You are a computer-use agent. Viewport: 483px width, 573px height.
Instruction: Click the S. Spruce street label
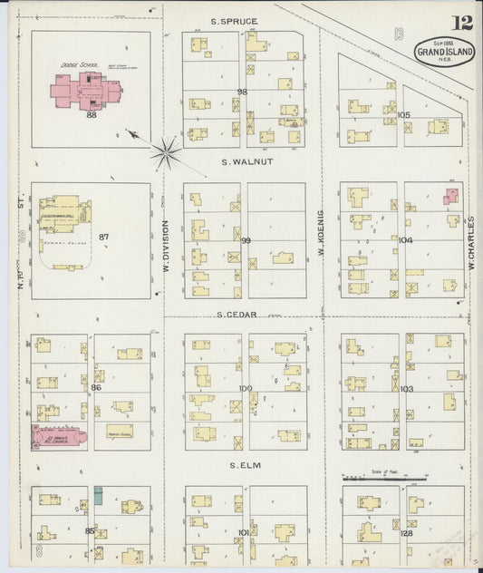click(235, 21)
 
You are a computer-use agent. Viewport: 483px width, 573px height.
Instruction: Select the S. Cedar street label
click(237, 315)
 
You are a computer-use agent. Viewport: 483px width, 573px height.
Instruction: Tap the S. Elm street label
click(245, 465)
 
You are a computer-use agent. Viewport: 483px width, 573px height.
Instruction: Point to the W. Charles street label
click(472, 245)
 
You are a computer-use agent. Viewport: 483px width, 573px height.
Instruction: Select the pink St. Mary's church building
click(58, 437)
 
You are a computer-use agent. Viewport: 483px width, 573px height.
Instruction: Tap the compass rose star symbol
click(166, 153)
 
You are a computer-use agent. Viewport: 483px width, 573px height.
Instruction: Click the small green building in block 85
click(98, 496)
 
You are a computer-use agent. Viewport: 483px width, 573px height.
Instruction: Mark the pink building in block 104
click(450, 195)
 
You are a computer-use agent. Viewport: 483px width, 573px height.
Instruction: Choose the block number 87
click(104, 237)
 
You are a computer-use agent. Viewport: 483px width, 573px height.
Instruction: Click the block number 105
click(403, 115)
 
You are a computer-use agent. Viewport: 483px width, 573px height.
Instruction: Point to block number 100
click(246, 388)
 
